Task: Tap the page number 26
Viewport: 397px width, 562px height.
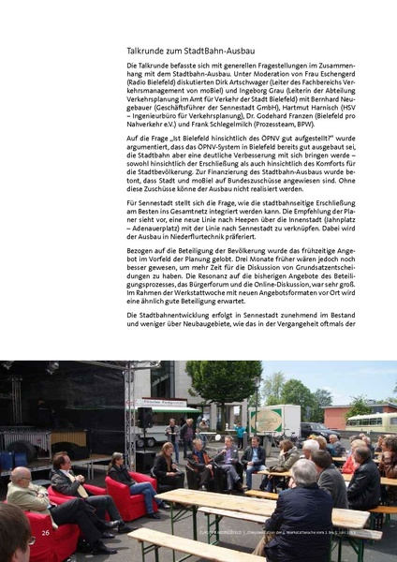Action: point(45,532)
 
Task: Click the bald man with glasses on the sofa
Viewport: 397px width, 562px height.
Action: point(22,489)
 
